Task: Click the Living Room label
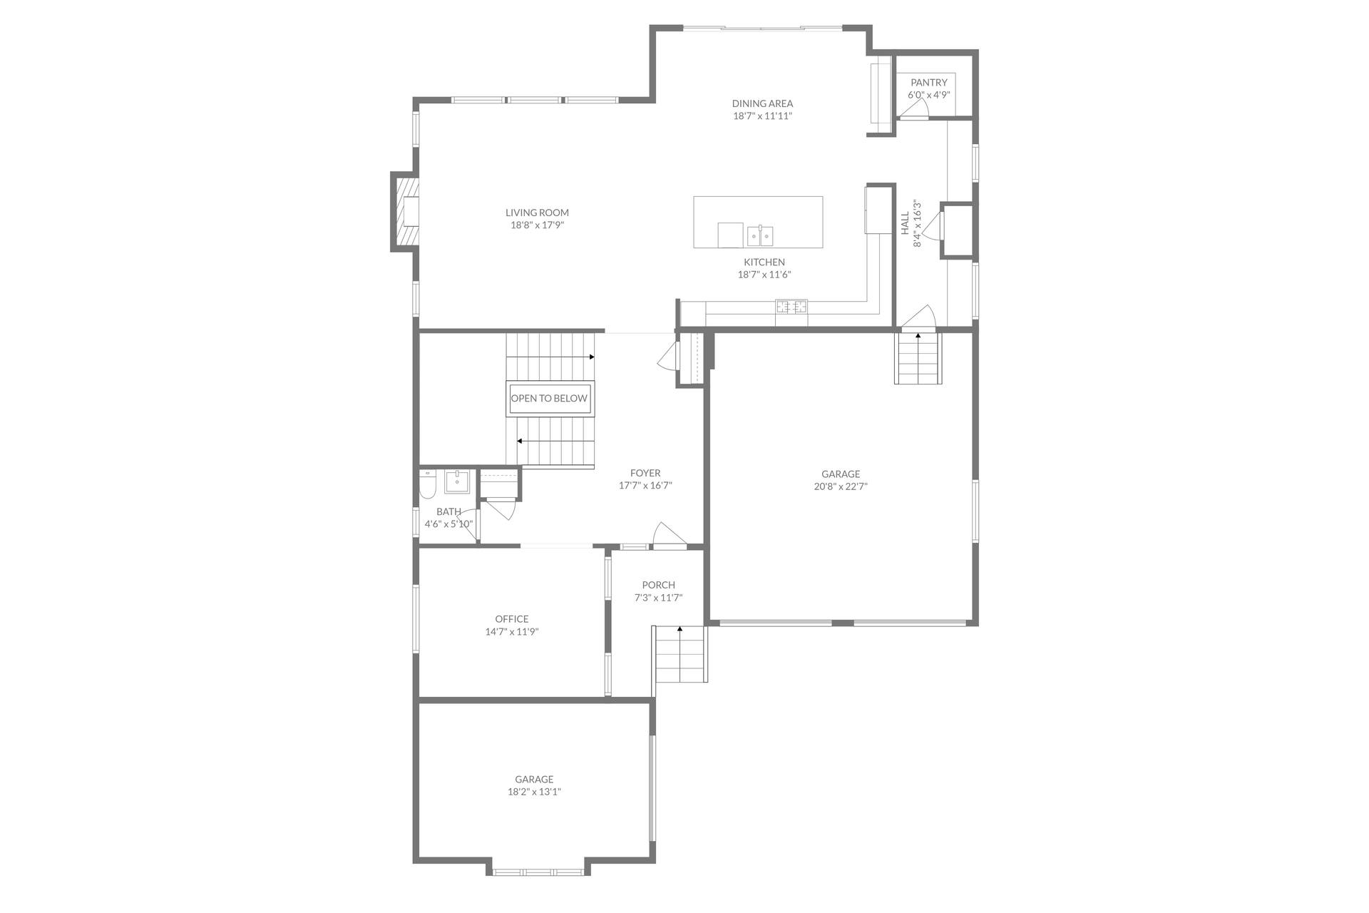[537, 213]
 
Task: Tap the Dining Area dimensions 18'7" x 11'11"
[762, 116]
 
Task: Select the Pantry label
[928, 83]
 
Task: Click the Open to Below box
[549, 399]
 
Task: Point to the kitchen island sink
[760, 234]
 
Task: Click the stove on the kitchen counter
[791, 307]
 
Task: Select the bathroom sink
[457, 481]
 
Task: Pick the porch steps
[681, 654]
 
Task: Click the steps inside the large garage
[918, 359]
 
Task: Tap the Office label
[512, 619]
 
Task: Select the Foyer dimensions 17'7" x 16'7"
[645, 486]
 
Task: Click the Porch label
[658, 585]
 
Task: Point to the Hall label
[905, 223]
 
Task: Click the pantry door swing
[913, 108]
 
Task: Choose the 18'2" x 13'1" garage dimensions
[534, 792]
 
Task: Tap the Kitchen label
[764, 262]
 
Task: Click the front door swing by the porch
[669, 534]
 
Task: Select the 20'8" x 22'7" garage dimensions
[841, 486]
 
